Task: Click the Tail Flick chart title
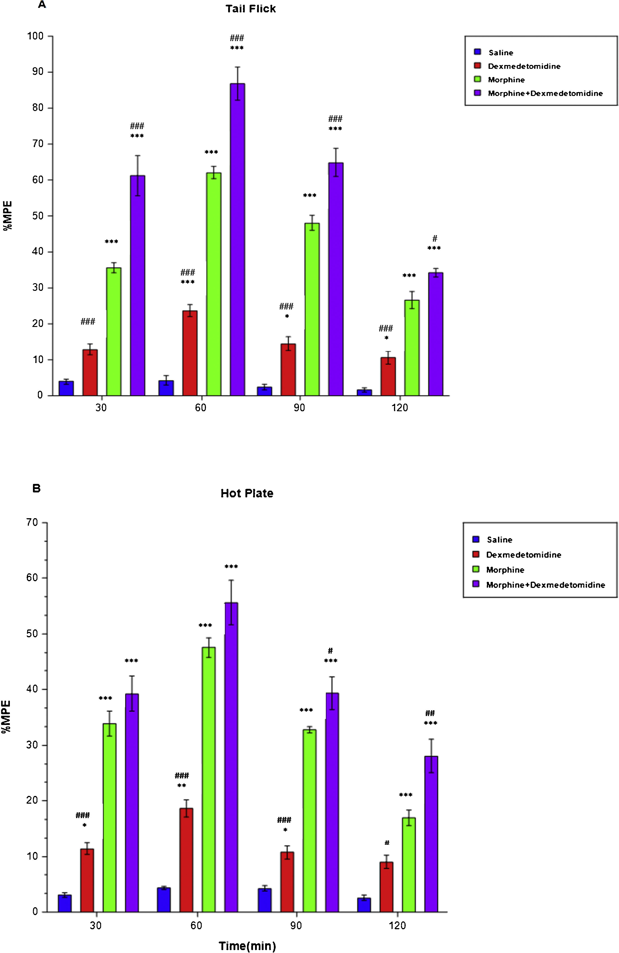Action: (x=251, y=9)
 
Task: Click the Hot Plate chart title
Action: (x=247, y=493)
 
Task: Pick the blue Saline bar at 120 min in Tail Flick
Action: (x=364, y=392)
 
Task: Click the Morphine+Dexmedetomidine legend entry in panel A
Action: (x=545, y=93)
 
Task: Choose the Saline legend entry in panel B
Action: (x=499, y=540)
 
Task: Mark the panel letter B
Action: (x=36, y=489)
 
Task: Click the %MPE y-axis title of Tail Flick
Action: (x=8, y=215)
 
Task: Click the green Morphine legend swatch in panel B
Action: (x=476, y=569)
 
